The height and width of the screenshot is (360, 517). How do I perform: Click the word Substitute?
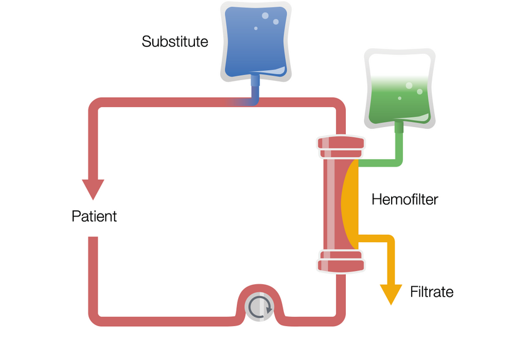click(175, 42)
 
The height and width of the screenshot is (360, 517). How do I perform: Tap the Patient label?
click(94, 217)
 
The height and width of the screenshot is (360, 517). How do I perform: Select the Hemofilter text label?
click(404, 200)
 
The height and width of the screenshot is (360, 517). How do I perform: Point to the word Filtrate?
click(431, 292)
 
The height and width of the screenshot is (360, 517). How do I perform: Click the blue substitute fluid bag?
click(256, 41)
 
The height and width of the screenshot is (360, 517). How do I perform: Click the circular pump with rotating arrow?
click(259, 307)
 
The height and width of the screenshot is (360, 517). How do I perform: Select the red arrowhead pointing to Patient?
click(93, 188)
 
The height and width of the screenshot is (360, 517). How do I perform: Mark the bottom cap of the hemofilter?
click(341, 261)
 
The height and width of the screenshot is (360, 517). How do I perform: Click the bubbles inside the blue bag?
click(269, 20)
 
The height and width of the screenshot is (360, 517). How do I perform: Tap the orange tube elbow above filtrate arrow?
click(389, 240)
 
